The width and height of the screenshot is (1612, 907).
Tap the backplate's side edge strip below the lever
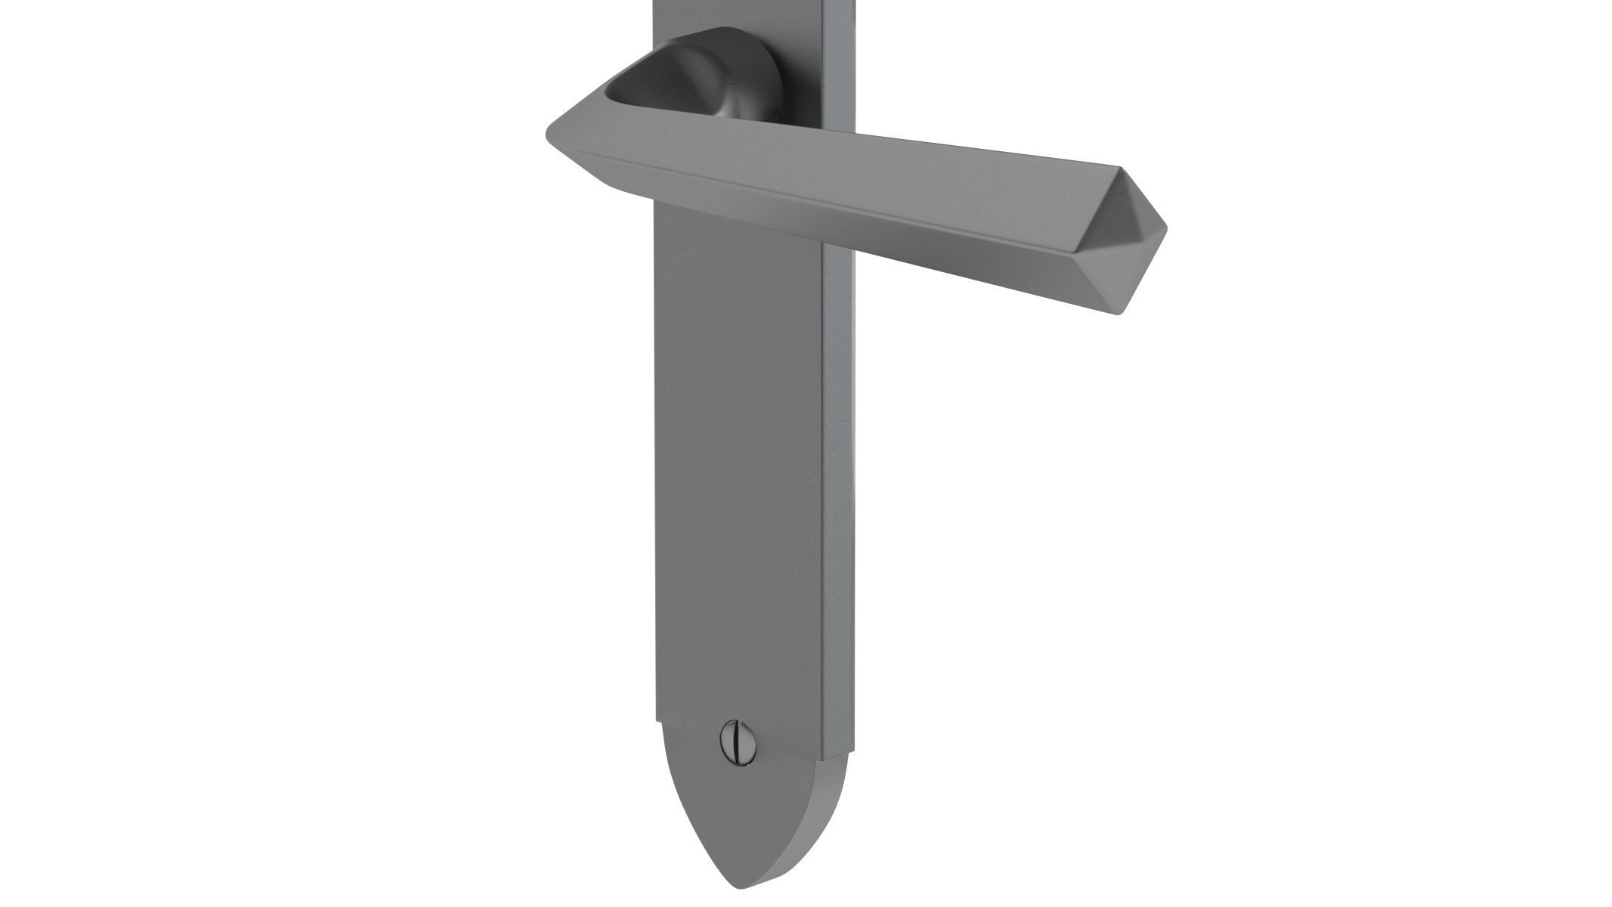(836, 491)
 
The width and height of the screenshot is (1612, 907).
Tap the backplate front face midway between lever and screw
(737, 469)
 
